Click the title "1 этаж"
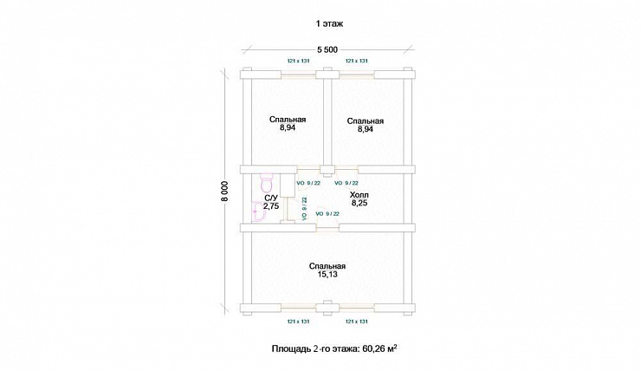pos(329,23)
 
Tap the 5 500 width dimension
pos(327,50)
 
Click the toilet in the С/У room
pos(266,183)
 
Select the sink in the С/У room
pos(259,212)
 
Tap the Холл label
pos(359,195)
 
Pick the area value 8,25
pos(359,203)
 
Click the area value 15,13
pos(327,275)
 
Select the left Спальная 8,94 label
pos(288,124)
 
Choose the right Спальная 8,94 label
pos(365,125)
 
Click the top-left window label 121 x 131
pos(298,61)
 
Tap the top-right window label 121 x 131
pos(357,61)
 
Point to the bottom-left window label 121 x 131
pos(298,322)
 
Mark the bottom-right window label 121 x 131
pos(357,322)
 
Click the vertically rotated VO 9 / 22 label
pos(304,209)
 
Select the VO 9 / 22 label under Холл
pos(327,214)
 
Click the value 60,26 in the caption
pos(373,349)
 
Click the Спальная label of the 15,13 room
pos(327,266)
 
